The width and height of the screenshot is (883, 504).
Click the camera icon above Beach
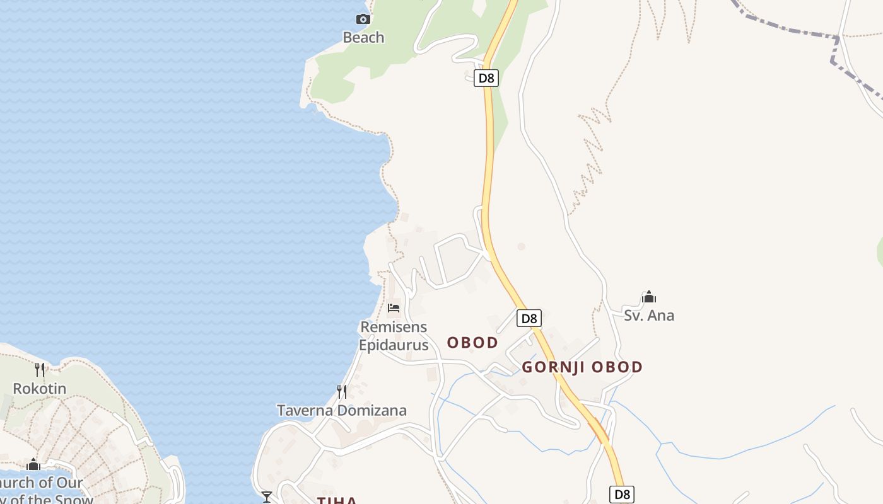click(x=363, y=19)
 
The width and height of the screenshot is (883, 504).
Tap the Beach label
click(x=363, y=38)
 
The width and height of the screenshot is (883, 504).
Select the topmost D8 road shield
click(x=486, y=78)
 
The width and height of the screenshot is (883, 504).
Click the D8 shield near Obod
click(x=529, y=318)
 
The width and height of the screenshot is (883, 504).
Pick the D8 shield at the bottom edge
click(x=622, y=495)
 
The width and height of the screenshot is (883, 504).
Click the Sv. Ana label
click(x=649, y=316)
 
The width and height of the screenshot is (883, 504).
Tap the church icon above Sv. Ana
click(x=649, y=297)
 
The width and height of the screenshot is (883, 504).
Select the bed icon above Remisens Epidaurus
click(x=394, y=308)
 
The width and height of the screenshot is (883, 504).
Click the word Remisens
click(x=394, y=327)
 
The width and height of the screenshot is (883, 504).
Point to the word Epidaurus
click(x=394, y=345)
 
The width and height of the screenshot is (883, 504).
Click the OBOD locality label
click(x=472, y=343)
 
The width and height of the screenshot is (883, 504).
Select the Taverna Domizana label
click(x=342, y=411)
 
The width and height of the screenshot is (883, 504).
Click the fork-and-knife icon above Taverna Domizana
click(x=342, y=392)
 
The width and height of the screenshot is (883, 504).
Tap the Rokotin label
click(x=40, y=389)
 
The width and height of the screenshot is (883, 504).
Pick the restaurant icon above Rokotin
click(x=40, y=369)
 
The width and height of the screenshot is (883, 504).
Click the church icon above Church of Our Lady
click(x=33, y=465)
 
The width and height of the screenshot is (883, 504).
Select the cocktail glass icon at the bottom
click(x=267, y=497)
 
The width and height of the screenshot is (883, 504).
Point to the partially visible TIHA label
click(x=337, y=500)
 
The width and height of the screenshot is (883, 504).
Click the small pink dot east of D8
click(x=521, y=246)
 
